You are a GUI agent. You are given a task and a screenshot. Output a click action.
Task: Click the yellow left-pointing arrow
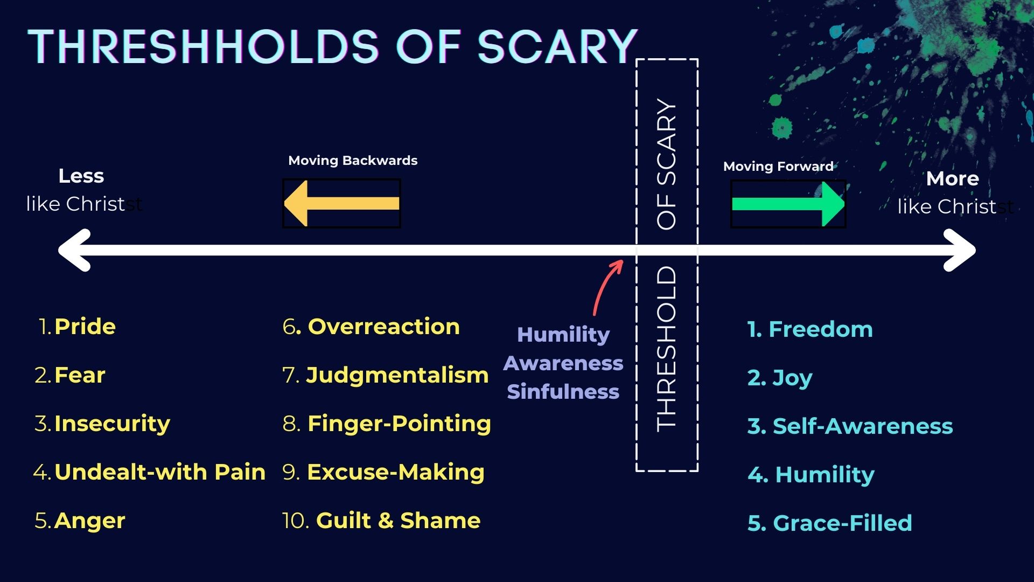point(341,203)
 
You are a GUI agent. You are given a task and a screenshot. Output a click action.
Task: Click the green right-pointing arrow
point(788,204)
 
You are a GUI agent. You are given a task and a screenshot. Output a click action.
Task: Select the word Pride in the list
point(85,327)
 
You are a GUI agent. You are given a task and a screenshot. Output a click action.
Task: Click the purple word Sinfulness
point(563,392)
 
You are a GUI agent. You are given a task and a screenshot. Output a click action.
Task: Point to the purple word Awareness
point(563,363)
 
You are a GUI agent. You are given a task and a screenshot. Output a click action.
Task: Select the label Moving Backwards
point(353,161)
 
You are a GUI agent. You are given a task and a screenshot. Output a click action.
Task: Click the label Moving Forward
point(778,167)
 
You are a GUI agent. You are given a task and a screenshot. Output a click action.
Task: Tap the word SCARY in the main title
point(557,46)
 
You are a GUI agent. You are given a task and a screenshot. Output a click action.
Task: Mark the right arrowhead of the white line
point(960,250)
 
